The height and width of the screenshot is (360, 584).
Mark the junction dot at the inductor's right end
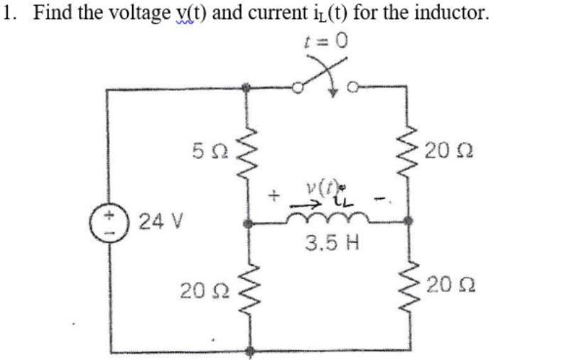tap(406, 222)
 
